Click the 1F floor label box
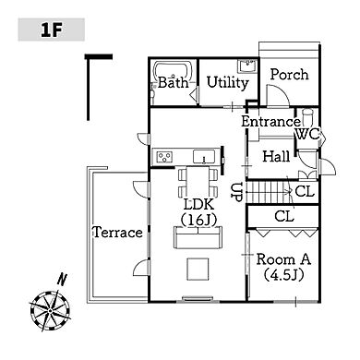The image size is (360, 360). (52, 30)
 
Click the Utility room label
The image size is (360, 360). (227, 83)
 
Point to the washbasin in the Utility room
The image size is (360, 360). (246, 66)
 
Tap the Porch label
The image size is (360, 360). (289, 75)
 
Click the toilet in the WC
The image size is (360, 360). (307, 117)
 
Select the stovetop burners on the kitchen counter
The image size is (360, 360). (164, 157)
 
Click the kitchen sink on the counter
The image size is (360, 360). (204, 157)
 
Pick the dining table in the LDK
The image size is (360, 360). (198, 182)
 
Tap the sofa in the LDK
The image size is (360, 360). (198, 237)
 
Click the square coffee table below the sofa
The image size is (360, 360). (198, 269)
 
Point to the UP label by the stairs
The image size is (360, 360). (237, 192)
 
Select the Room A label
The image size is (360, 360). (283, 259)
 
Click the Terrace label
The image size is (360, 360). (118, 232)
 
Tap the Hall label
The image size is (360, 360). (276, 156)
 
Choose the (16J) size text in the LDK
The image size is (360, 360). (198, 220)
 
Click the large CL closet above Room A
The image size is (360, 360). (283, 217)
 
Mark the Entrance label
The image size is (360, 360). (270, 122)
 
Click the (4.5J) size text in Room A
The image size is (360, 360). (284, 275)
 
